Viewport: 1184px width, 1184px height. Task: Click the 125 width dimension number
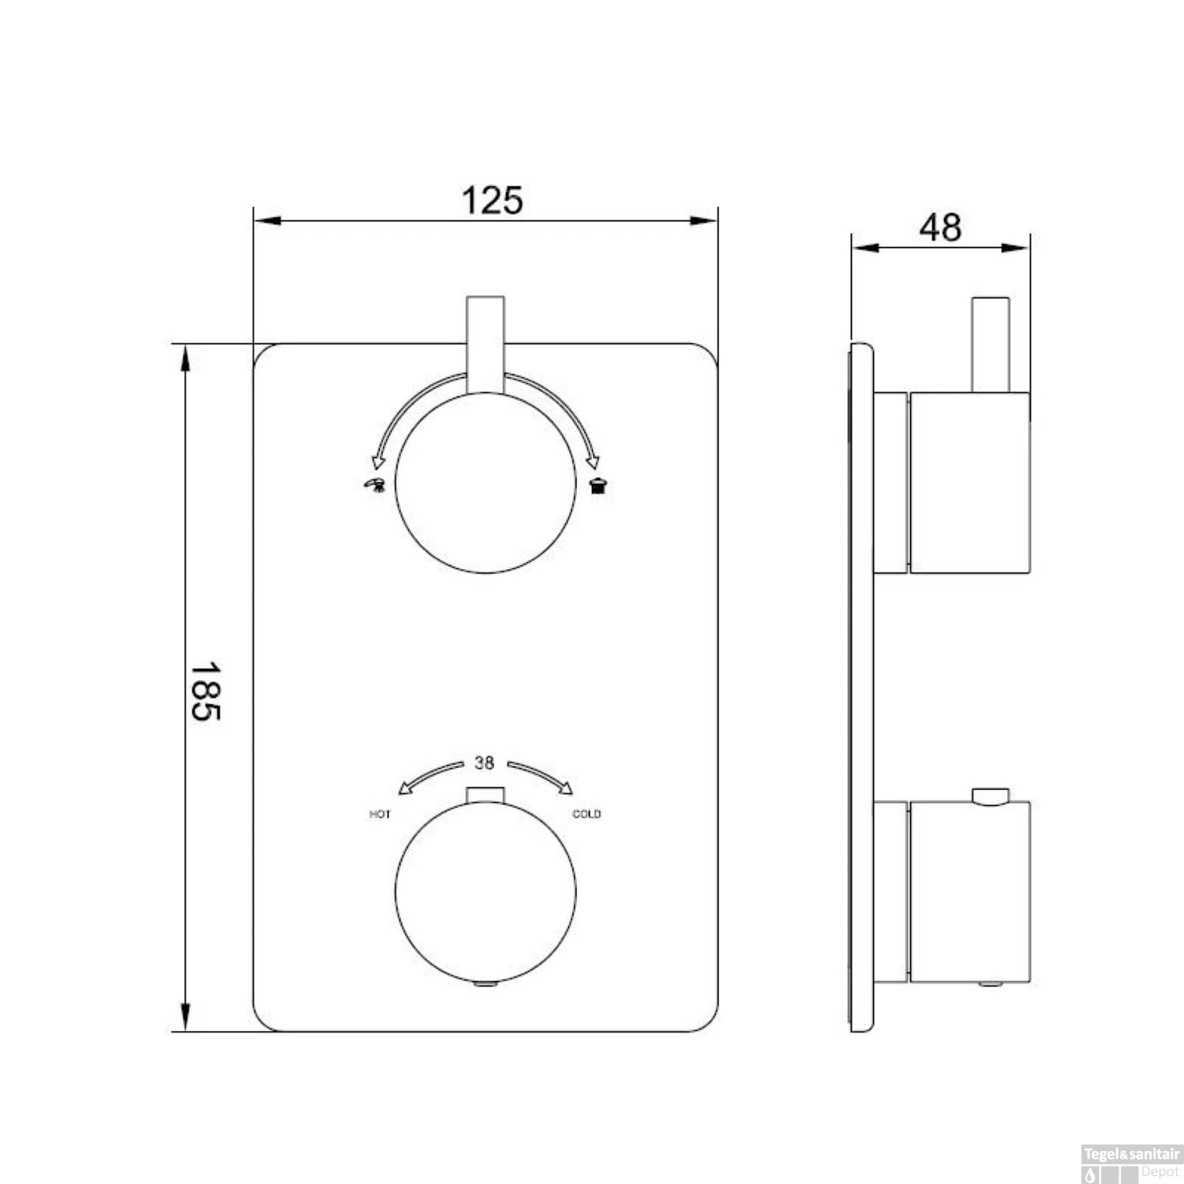pos(492,200)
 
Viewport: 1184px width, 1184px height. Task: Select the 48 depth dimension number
pos(940,228)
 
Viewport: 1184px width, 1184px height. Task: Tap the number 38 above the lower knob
pos(484,763)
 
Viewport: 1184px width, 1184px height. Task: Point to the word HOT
pos(380,815)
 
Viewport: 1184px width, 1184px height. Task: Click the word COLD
pos(586,815)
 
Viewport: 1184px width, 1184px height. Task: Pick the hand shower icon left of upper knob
pos(374,485)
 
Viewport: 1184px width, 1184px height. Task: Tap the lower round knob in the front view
pos(485,892)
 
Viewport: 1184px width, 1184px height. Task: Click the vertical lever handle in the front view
pos(485,343)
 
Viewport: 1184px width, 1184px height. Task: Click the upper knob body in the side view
pos(970,481)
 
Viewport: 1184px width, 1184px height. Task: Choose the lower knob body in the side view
pos(970,892)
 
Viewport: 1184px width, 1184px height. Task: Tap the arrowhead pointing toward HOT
pos(404,787)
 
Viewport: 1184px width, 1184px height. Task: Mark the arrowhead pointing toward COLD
pos(566,786)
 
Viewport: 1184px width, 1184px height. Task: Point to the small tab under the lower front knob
pos(485,984)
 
